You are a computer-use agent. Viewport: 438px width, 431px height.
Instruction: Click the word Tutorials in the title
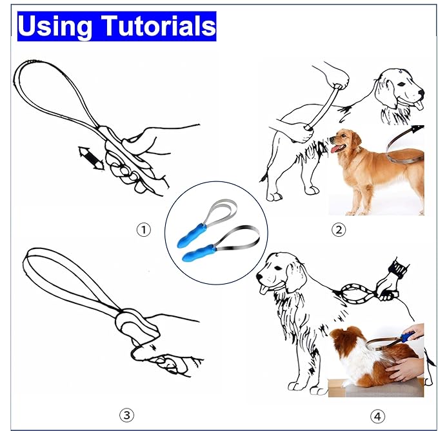pyautogui.click(x=159, y=25)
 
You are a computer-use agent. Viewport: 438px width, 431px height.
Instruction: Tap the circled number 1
pyautogui.click(x=143, y=230)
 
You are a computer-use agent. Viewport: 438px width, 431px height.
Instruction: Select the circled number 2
pyautogui.click(x=339, y=230)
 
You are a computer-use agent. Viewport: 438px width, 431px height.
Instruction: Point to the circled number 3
pyautogui.click(x=126, y=415)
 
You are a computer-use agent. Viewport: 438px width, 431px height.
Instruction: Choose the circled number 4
pyautogui.click(x=377, y=416)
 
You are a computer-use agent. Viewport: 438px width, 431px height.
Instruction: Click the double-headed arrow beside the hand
pyautogui.click(x=92, y=158)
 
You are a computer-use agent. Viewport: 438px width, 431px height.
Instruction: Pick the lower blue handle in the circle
pyautogui.click(x=198, y=253)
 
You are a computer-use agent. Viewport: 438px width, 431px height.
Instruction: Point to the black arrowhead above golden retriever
pyautogui.click(x=418, y=129)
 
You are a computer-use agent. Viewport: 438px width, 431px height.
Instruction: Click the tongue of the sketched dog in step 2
pyautogui.click(x=419, y=105)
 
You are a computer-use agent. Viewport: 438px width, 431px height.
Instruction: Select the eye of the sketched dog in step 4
pyautogui.click(x=277, y=268)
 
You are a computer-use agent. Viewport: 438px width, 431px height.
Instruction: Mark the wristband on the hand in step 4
pyautogui.click(x=399, y=268)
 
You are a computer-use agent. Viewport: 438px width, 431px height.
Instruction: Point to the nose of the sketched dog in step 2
pyautogui.click(x=421, y=92)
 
